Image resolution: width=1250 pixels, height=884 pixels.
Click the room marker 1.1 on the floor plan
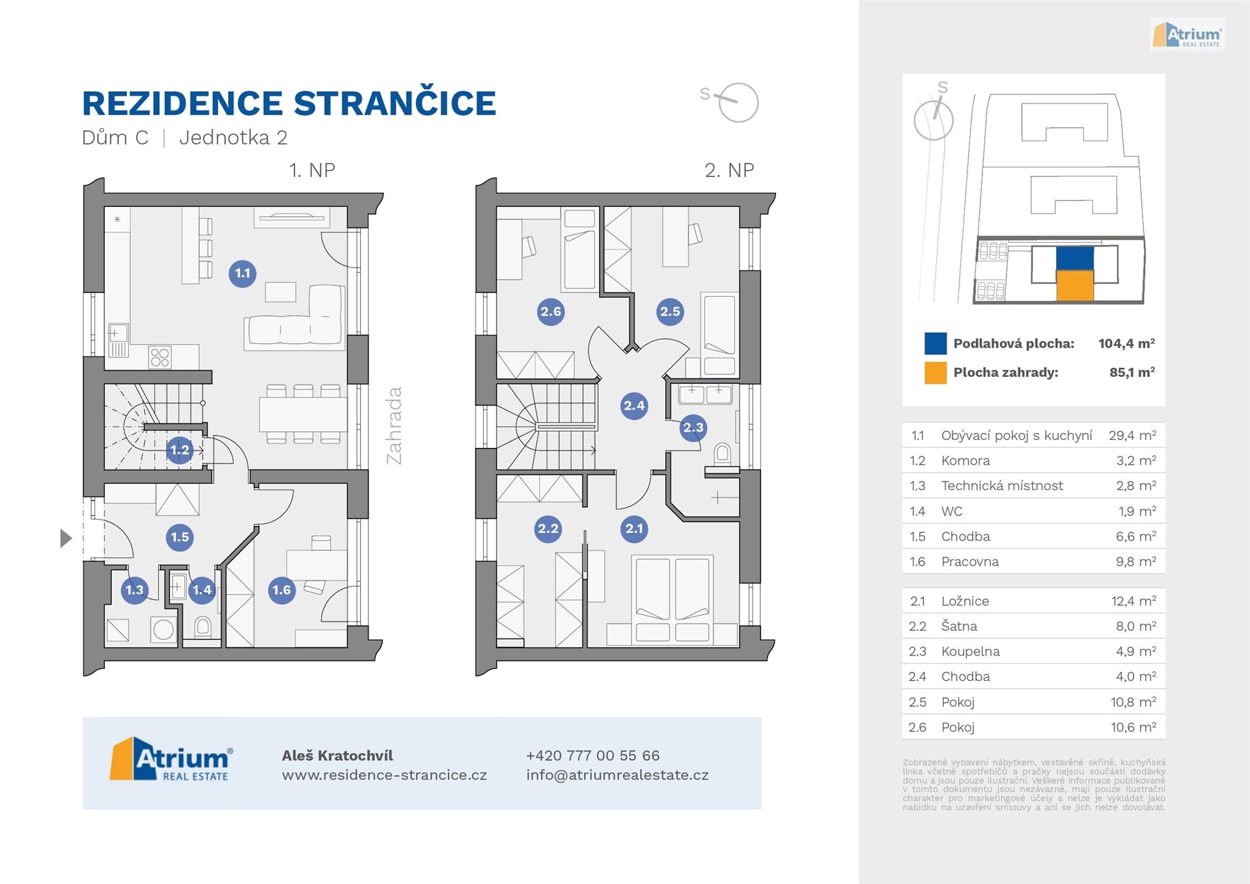tap(242, 273)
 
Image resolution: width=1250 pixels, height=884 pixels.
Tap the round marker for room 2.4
tap(634, 406)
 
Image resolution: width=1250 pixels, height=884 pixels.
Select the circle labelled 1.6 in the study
tap(281, 590)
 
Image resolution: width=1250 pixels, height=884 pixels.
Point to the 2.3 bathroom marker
tap(693, 428)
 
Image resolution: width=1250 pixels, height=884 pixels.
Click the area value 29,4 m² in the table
tap(1132, 435)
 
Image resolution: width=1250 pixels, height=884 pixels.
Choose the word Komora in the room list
tap(965, 461)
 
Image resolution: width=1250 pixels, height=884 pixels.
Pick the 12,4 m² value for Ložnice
tap(1133, 601)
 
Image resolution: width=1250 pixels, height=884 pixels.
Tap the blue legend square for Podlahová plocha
tap(936, 344)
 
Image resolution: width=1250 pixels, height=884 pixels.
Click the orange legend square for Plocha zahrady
tap(936, 373)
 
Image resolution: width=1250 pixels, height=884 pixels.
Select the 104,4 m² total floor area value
tap(1126, 344)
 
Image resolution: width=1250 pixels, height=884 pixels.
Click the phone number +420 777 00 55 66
tap(592, 756)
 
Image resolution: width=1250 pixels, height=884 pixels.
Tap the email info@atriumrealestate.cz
tap(617, 775)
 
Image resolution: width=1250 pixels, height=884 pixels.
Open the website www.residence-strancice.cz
tap(384, 775)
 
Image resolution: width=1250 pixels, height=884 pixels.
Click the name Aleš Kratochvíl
tap(337, 756)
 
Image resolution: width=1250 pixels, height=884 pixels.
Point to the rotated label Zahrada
tap(394, 426)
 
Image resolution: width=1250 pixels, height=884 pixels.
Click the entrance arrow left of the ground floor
tap(66, 538)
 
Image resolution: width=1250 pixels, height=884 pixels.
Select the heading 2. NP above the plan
tap(729, 171)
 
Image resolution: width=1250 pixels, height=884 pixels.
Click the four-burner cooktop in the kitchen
tap(160, 357)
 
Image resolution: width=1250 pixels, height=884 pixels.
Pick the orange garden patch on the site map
tap(1074, 285)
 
